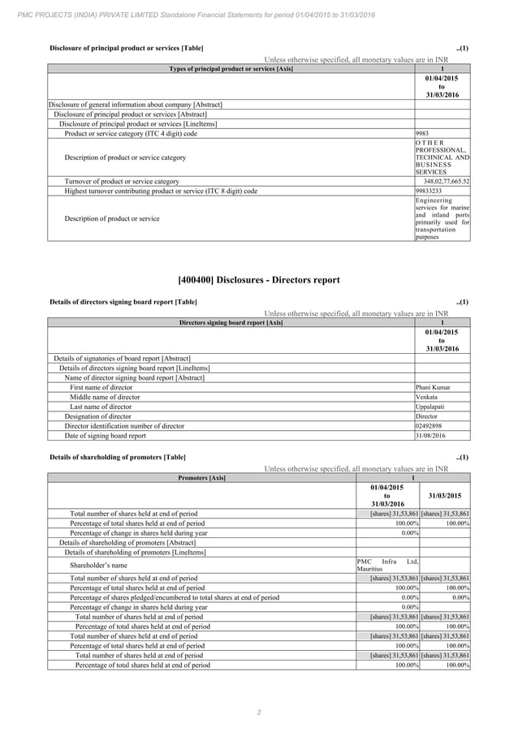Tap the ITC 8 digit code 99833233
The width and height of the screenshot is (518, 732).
(430, 191)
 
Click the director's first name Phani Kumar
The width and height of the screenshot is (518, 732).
(432, 387)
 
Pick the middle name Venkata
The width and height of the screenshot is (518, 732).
(426, 397)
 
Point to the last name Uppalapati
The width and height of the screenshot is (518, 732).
(430, 407)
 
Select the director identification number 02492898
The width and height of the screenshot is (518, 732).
(429, 425)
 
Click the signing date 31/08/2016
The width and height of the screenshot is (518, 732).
(430, 435)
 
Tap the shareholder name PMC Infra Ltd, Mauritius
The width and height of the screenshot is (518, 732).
(387, 565)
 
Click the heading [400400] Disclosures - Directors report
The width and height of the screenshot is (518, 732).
(258, 280)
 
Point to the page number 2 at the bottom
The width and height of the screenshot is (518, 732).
(258, 713)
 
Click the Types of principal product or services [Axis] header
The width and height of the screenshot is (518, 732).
(231, 68)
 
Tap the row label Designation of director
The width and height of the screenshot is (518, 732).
(97, 416)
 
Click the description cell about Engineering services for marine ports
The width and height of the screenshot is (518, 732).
(442, 218)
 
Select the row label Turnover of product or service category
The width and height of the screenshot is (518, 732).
(122, 181)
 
